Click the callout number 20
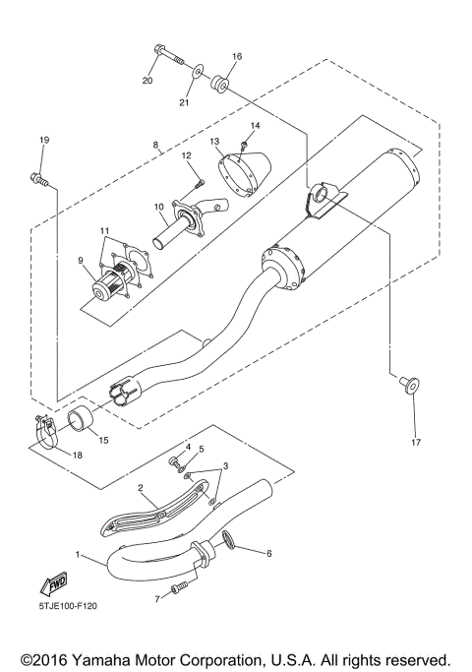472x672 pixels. [148, 80]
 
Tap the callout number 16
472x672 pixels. [236, 56]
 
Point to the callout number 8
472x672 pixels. [155, 146]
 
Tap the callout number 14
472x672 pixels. [254, 126]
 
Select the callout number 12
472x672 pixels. [186, 155]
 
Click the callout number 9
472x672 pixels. [83, 262]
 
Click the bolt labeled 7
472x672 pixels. [178, 588]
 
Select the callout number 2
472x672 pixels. [141, 487]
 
